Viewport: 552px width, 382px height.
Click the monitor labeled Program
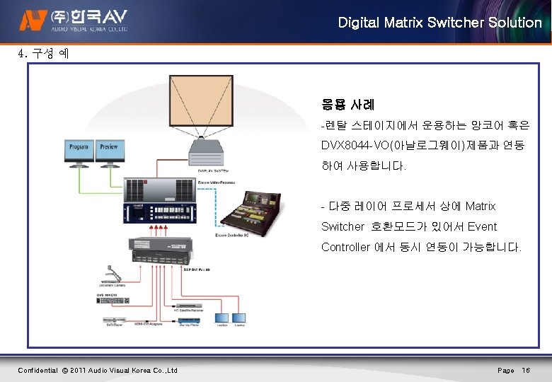[79, 151]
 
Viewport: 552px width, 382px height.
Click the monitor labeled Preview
[109, 151]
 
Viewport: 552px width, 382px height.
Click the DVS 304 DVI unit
[113, 299]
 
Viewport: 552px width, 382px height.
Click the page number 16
[526, 370]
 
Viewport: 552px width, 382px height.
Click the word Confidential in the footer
[38, 370]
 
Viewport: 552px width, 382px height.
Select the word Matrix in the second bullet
[481, 206]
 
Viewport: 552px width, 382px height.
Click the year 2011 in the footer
[79, 370]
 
